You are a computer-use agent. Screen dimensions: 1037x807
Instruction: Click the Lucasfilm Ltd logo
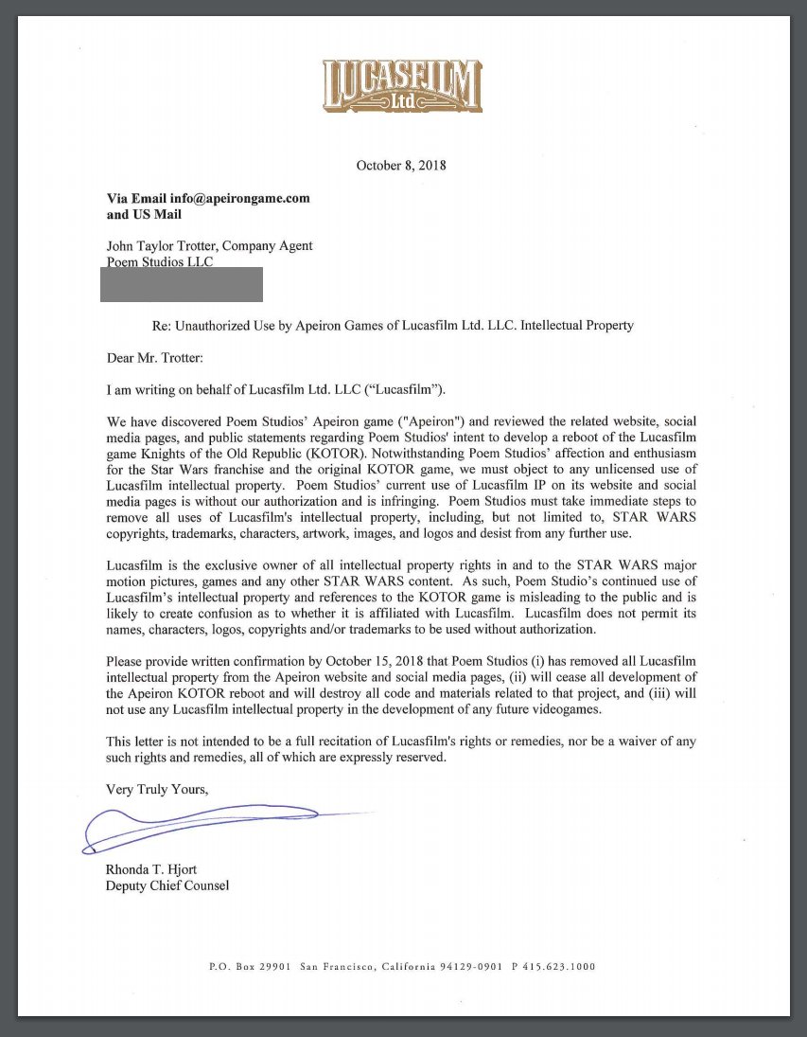coord(402,87)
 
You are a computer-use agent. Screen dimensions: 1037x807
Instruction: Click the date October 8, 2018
coord(401,166)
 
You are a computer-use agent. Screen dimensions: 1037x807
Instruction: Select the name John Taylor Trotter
coord(160,246)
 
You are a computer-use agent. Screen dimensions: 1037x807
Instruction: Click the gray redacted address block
coord(182,284)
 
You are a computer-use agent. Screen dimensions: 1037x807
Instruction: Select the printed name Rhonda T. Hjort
coord(152,869)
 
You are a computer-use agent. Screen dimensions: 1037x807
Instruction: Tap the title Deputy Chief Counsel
coord(167,885)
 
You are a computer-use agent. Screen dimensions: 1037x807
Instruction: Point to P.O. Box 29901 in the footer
coord(250,967)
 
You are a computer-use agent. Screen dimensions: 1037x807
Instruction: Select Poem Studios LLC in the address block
coord(160,262)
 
